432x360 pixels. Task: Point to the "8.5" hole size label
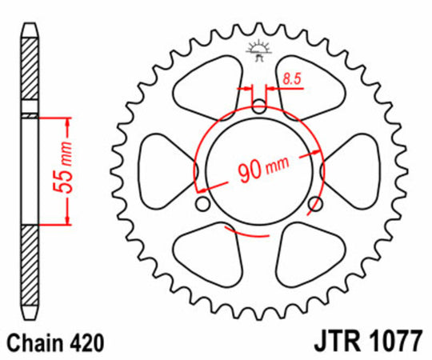point(291,79)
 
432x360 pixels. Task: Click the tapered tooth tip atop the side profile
point(30,27)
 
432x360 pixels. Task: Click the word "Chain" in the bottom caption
point(31,342)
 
